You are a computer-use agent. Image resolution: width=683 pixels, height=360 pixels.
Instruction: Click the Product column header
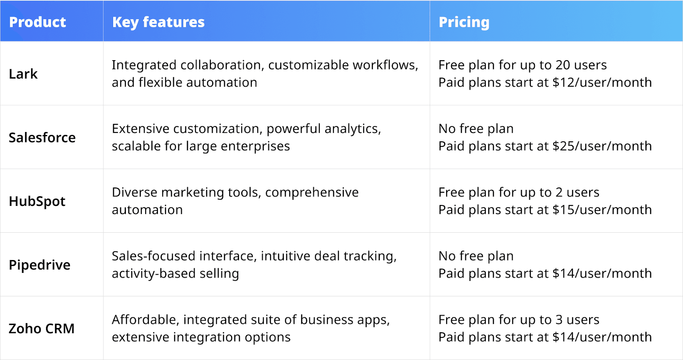pyautogui.click(x=38, y=22)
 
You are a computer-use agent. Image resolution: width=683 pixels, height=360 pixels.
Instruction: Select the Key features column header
pyautogui.click(x=158, y=22)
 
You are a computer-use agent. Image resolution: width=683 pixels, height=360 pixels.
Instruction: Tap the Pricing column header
pyautogui.click(x=464, y=22)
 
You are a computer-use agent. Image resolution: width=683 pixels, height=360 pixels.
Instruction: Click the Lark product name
pyautogui.click(x=23, y=74)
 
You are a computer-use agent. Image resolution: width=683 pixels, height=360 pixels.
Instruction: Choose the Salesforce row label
pyautogui.click(x=42, y=138)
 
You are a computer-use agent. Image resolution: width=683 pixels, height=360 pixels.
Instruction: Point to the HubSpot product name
pyautogui.click(x=37, y=201)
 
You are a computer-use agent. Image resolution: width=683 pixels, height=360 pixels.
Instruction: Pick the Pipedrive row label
pyautogui.click(x=40, y=265)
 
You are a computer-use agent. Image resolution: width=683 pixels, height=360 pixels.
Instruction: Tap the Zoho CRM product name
pyautogui.click(x=41, y=328)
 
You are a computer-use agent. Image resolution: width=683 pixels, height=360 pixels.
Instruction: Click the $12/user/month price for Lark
pyautogui.click(x=602, y=82)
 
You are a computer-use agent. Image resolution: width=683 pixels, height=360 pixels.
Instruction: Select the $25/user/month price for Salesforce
pyautogui.click(x=602, y=146)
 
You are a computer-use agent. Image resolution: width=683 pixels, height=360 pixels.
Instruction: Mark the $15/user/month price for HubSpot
pyautogui.click(x=602, y=210)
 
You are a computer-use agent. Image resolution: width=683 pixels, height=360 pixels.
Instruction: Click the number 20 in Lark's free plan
pyautogui.click(x=563, y=65)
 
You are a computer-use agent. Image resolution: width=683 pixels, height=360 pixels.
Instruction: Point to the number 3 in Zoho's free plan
pyautogui.click(x=559, y=320)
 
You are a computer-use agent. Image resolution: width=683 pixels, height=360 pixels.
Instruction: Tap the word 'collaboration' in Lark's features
pyautogui.click(x=222, y=65)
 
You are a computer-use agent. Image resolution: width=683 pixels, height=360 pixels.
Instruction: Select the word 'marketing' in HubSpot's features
pyautogui.click(x=193, y=193)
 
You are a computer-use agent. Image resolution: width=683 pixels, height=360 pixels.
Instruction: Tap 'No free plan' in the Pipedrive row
pyautogui.click(x=476, y=256)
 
